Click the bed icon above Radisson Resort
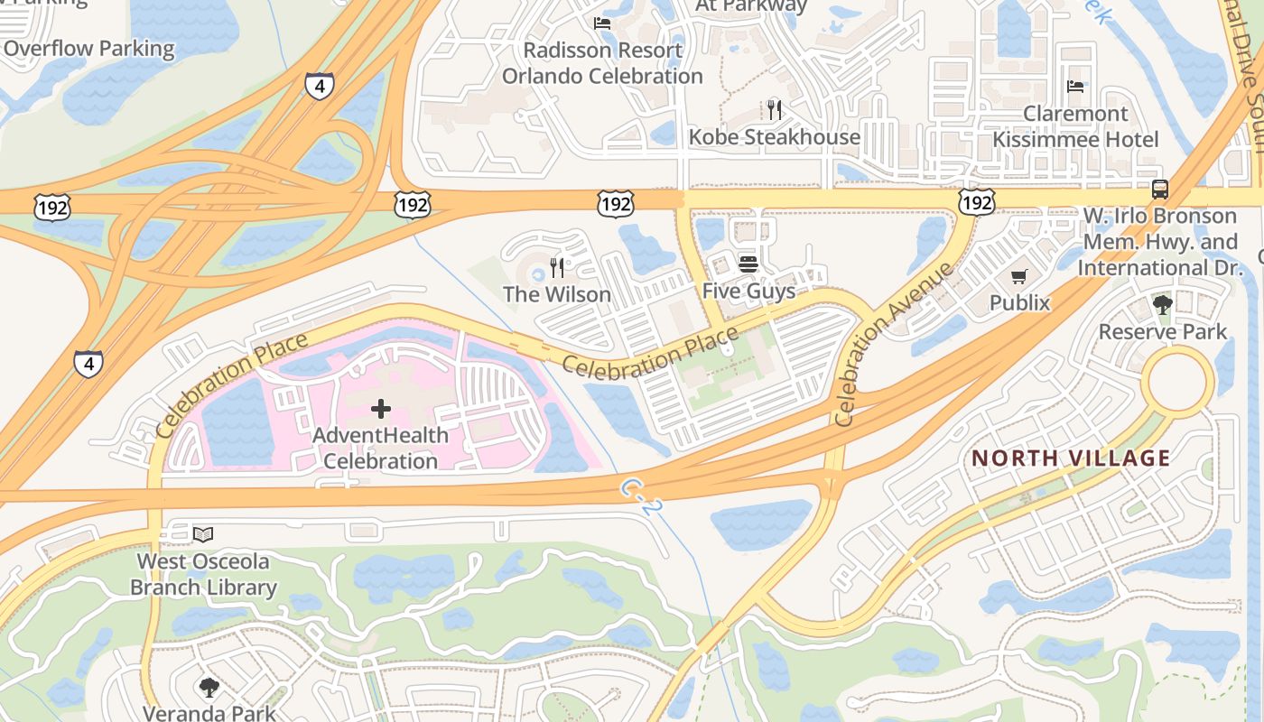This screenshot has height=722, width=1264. [602, 23]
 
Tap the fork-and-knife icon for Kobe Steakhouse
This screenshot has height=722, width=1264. [774, 110]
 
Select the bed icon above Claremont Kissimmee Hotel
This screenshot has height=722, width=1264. [1075, 87]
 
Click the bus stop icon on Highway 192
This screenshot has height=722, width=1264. [1159, 190]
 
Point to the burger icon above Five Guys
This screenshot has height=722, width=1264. [748, 264]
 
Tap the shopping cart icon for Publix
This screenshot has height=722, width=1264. [1019, 276]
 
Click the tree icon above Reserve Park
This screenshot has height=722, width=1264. [1162, 304]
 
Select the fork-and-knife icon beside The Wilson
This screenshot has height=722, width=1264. [557, 268]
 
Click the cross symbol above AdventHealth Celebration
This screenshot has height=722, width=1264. [381, 409]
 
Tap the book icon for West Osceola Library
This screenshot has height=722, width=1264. [203, 535]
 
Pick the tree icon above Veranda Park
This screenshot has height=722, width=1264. [209, 688]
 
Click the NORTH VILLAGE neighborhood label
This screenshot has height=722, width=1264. [1071, 458]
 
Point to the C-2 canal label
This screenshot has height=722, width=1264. [642, 497]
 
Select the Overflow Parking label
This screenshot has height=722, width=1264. [89, 49]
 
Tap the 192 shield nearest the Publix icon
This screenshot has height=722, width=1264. [977, 201]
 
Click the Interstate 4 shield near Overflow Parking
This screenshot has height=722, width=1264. [320, 86]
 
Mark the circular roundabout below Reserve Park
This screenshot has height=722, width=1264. [1177, 383]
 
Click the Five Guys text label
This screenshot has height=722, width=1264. [748, 292]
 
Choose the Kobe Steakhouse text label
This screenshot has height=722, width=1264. [774, 137]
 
